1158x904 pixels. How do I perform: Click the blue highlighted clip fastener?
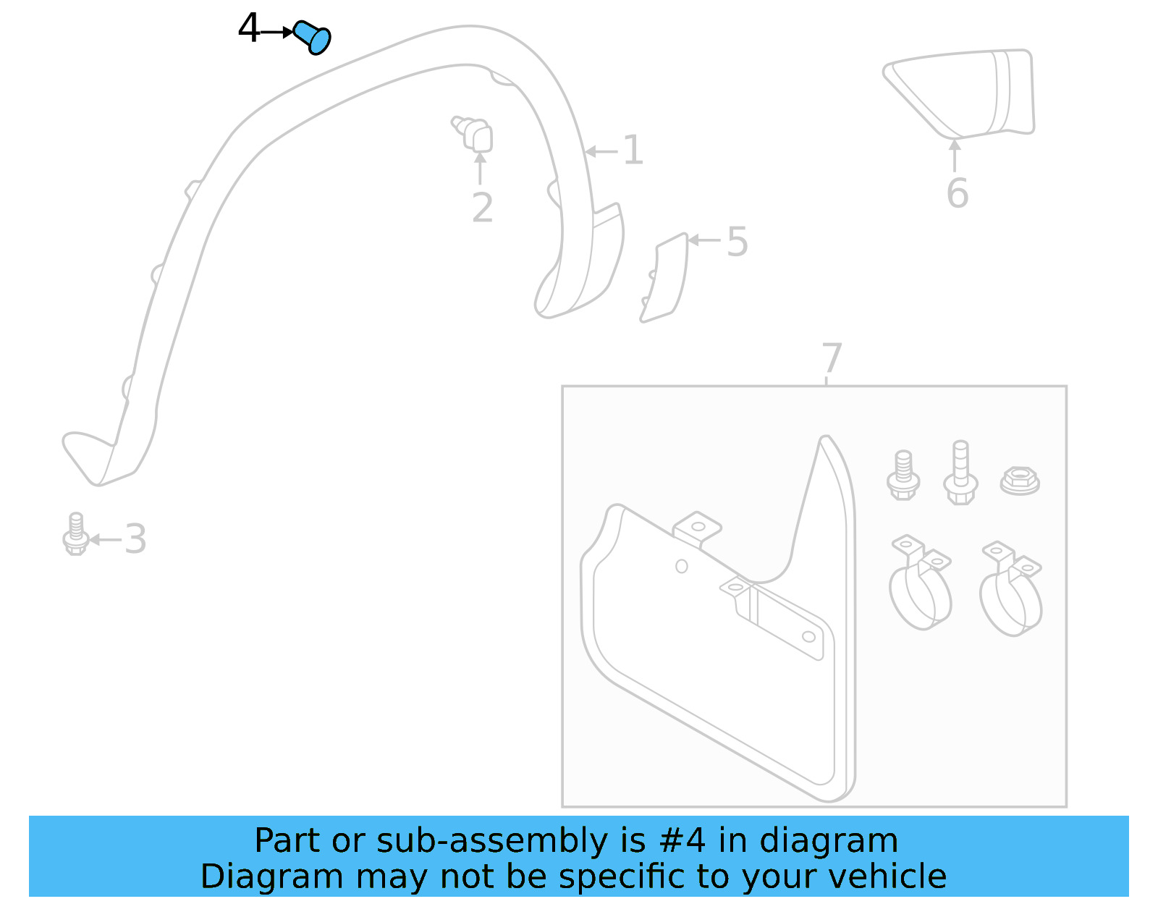(313, 37)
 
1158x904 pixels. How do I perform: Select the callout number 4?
(248, 30)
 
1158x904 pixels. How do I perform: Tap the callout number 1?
(633, 151)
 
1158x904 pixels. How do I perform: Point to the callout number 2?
(482, 208)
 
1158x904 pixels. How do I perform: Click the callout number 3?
(135, 539)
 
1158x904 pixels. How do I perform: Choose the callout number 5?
(737, 242)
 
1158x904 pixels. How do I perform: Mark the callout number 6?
(957, 193)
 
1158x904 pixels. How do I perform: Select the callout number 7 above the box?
(832, 358)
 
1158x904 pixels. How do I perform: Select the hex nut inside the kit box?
(1020, 481)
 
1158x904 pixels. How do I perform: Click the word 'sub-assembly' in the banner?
(492, 841)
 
